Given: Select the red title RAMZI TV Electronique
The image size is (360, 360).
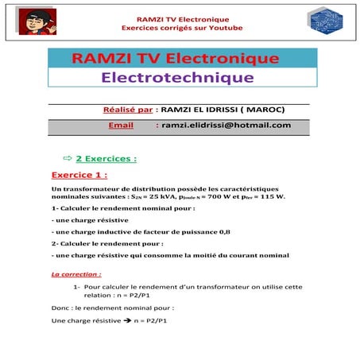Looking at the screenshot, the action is (x=174, y=59).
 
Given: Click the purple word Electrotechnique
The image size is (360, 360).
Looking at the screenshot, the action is (x=177, y=77).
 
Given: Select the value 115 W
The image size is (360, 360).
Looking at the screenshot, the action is (x=271, y=196).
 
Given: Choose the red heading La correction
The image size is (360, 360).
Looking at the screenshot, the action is (x=75, y=274).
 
